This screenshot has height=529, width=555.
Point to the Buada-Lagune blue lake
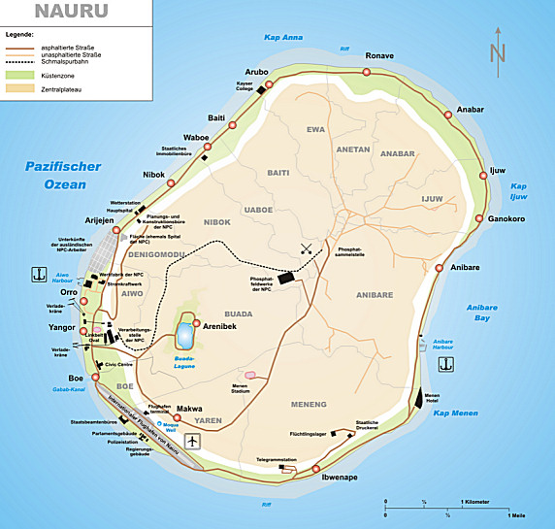coord(184,337)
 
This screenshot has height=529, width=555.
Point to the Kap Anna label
coord(283,38)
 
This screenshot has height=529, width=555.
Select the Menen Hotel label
coord(432,399)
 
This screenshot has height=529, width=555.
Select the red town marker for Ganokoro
coord(477,219)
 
